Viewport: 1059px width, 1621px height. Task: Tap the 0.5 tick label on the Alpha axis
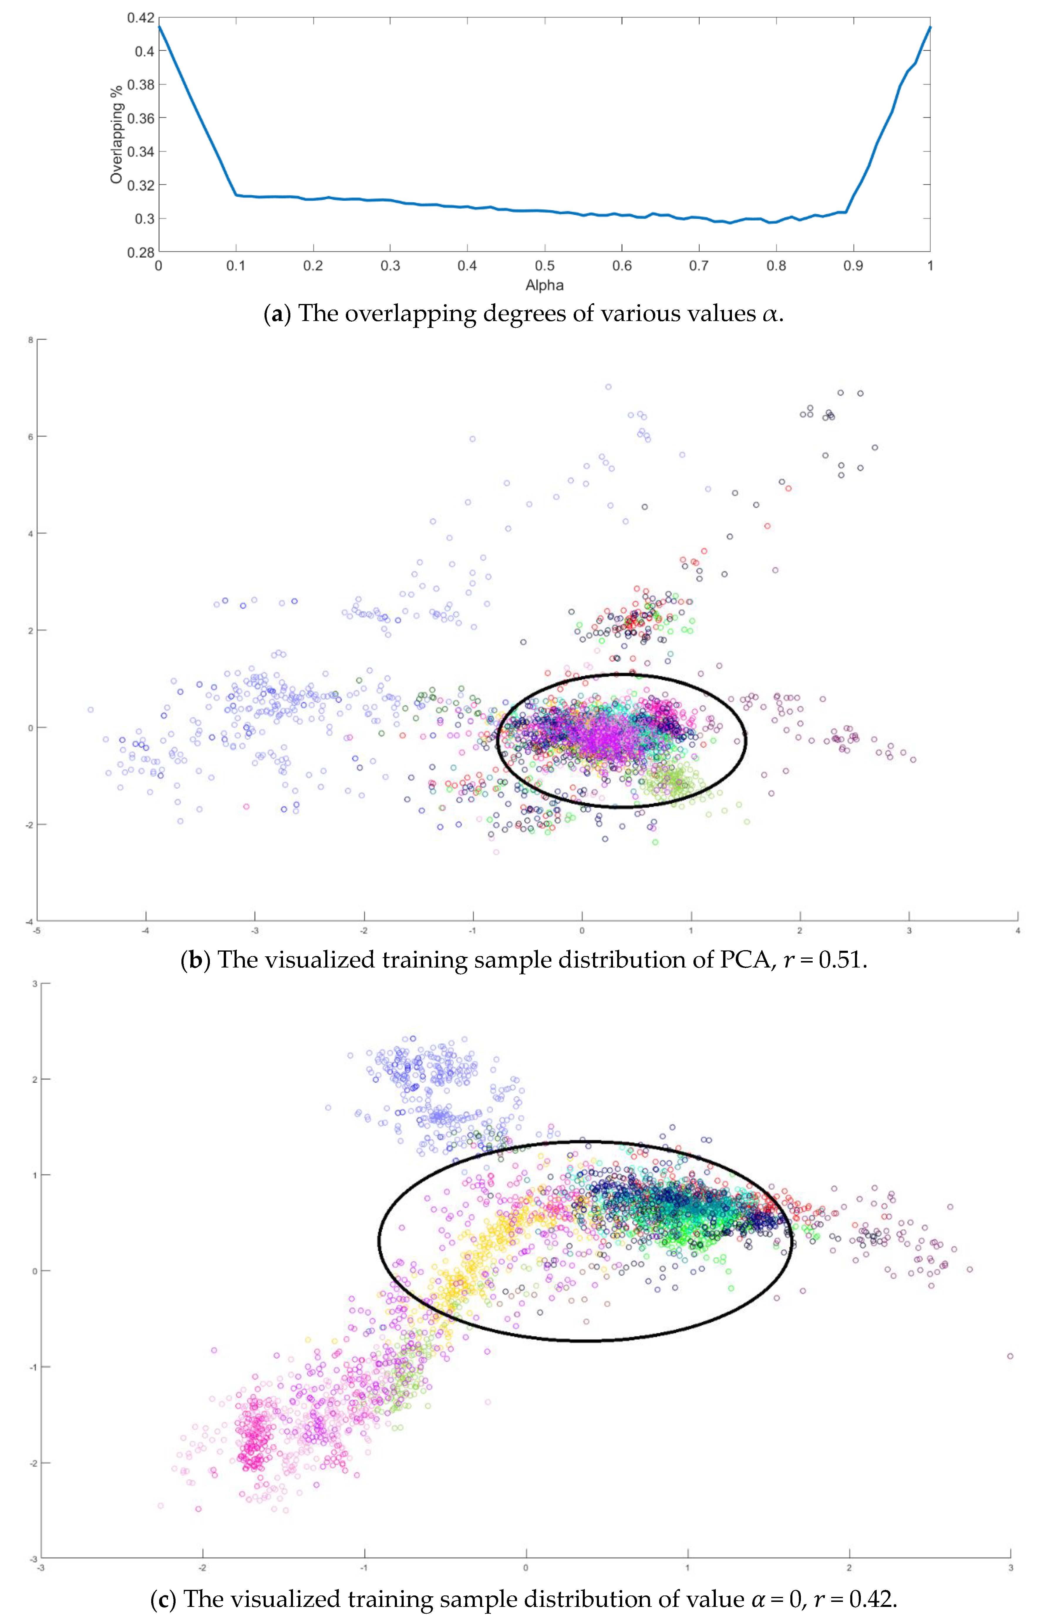click(x=544, y=266)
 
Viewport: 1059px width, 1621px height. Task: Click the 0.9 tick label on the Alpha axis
click(x=853, y=266)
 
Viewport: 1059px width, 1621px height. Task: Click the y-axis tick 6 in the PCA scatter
click(x=31, y=436)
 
